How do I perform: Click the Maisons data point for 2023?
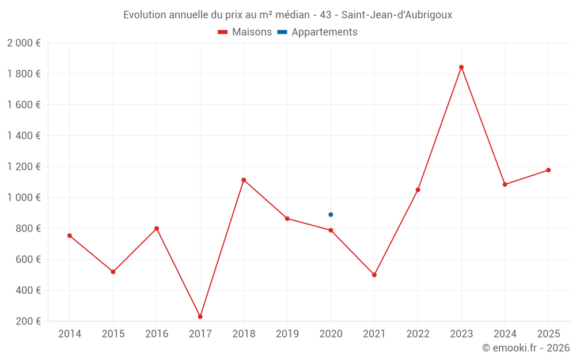(x=461, y=67)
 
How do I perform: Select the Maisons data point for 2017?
(x=200, y=317)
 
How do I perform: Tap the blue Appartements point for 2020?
(x=331, y=215)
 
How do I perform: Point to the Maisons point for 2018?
(x=244, y=180)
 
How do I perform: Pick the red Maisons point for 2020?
(x=331, y=230)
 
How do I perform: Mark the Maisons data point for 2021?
(x=374, y=275)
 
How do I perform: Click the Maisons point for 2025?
(x=548, y=170)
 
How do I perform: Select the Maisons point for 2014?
(x=70, y=236)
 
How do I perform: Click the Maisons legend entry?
(x=245, y=32)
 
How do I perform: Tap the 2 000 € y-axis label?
(x=24, y=43)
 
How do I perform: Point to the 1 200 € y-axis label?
(x=24, y=166)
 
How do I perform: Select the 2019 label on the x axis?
(x=287, y=334)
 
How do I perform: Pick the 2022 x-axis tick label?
(x=418, y=334)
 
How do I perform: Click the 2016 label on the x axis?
(x=157, y=334)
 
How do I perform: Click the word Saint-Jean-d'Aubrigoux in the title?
(x=397, y=15)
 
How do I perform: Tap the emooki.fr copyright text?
(x=525, y=348)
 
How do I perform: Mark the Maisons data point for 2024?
(x=505, y=184)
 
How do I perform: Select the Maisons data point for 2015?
(x=113, y=272)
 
